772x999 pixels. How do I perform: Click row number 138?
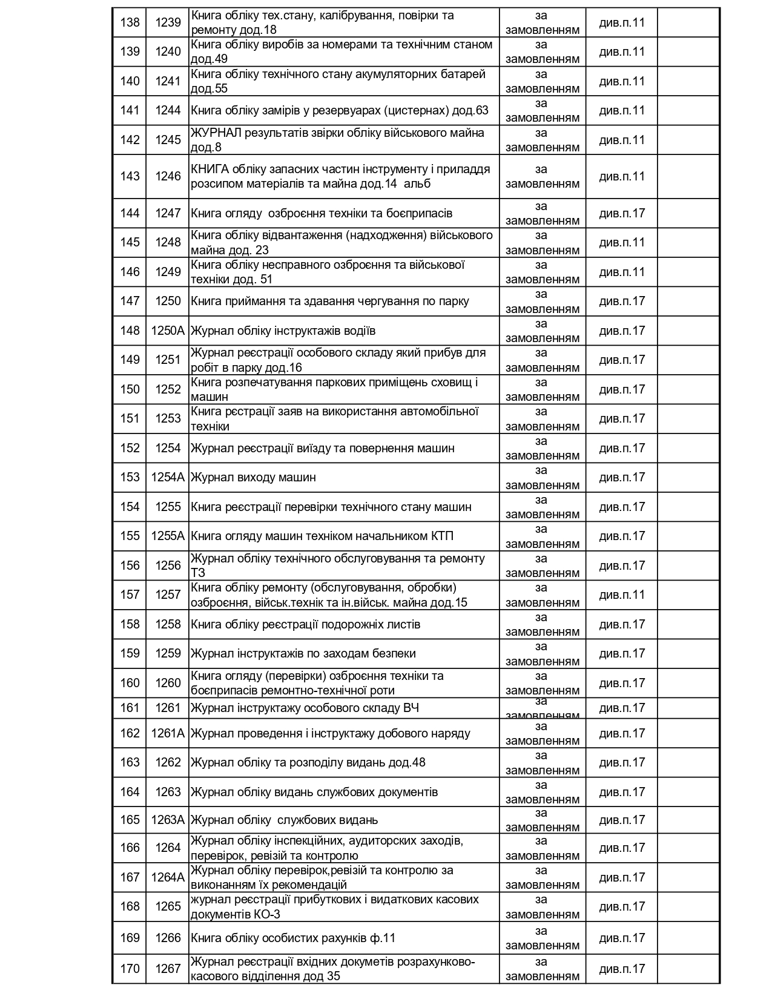coord(130,22)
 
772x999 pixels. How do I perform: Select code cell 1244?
coord(168,110)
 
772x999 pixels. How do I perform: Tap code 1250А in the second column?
coord(168,331)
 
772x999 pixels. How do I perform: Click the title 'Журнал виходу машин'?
coord(253,477)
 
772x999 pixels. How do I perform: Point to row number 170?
coord(130,969)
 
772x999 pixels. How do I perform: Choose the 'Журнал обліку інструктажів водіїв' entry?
coord(283,331)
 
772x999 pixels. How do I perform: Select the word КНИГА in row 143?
coord(209,169)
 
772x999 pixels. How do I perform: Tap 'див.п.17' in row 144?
coord(622,213)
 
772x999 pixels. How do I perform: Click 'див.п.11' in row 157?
coord(622,595)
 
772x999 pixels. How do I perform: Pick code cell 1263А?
coord(168,820)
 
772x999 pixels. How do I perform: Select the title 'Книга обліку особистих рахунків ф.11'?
coord(293,938)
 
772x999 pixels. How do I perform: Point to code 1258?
coord(168,624)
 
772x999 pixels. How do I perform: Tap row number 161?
coord(130,708)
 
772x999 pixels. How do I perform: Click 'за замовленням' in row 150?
coord(542,389)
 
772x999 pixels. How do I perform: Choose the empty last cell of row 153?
coord(688,477)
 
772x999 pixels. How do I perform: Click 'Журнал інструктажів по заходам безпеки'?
coord(303,653)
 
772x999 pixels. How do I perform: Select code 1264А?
coord(168,877)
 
